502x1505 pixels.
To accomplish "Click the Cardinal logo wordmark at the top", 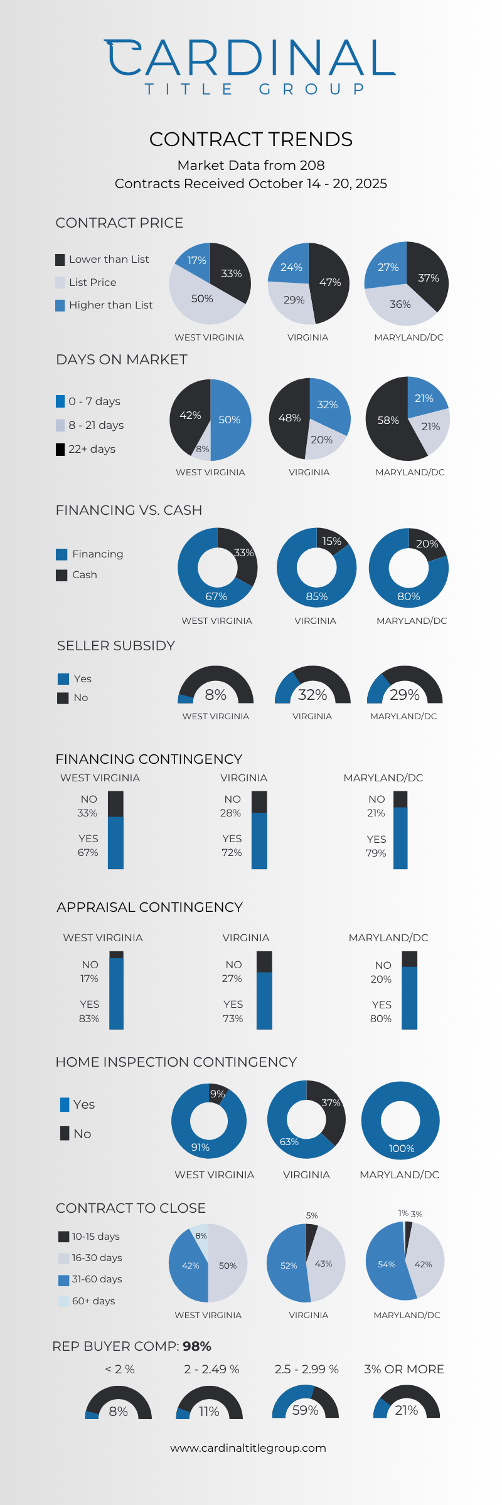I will click(250, 58).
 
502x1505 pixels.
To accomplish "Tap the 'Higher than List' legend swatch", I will click(60, 305).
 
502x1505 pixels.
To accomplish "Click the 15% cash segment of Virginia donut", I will click(331, 541).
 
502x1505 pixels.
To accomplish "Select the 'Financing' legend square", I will click(61, 554).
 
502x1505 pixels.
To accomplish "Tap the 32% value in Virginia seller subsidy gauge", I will click(312, 695).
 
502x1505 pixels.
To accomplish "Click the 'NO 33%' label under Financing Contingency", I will click(88, 806).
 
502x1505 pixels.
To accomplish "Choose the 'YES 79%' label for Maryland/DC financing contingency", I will click(376, 846).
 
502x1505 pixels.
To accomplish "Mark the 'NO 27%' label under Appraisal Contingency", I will click(233, 971).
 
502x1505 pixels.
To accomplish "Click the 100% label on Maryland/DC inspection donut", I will click(402, 1148).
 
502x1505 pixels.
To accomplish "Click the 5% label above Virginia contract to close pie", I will click(312, 1215).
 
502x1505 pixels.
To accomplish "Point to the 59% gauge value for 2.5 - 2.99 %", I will click(306, 1410).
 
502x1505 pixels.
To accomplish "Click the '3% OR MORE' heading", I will click(404, 1369).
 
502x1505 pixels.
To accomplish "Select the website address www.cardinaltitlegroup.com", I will click(248, 1448).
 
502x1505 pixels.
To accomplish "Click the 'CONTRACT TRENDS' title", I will click(251, 139).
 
